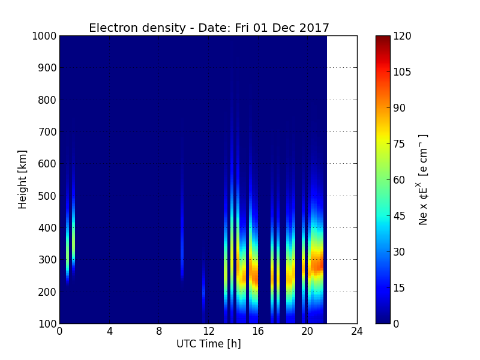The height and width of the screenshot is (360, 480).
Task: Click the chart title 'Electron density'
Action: tap(137, 28)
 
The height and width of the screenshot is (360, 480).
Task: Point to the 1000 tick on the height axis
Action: tap(44, 36)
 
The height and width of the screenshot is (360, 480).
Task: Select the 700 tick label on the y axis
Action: tap(47, 132)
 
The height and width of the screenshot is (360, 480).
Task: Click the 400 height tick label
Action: tap(47, 228)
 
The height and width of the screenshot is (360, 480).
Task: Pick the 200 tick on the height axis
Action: tap(47, 292)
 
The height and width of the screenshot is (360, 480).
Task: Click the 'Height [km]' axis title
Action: tap(22, 179)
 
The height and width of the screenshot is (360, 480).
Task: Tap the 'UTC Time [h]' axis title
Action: tap(209, 344)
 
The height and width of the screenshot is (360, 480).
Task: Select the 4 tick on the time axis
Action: tap(109, 331)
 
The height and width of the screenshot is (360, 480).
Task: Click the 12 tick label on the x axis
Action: tap(208, 331)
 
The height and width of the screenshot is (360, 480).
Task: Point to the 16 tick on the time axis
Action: tap(258, 331)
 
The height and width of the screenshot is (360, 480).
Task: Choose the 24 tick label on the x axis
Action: tap(357, 331)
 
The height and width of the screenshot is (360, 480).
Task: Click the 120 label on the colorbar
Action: tap(402, 36)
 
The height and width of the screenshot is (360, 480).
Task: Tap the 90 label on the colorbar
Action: tap(399, 108)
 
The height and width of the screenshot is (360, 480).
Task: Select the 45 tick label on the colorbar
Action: tap(399, 216)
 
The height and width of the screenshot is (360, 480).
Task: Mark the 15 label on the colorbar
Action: tap(399, 288)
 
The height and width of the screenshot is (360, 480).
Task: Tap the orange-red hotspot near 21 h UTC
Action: tap(317, 263)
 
